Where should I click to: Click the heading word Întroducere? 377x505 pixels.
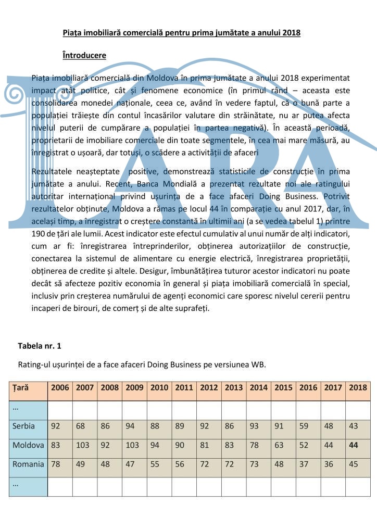coord(84,55)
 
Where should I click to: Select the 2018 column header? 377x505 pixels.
coord(358,387)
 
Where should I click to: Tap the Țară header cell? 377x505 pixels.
coord(21,387)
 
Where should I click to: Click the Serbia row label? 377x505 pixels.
coord(24,426)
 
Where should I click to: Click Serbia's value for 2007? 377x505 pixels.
coord(80,426)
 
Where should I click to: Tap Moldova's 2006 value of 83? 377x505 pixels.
coord(56,445)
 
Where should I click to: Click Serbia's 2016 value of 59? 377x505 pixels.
coord(304,426)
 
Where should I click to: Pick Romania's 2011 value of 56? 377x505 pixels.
coord(180,464)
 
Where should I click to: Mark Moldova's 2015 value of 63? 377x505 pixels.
coord(279,445)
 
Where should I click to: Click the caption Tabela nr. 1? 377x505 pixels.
coord(40,346)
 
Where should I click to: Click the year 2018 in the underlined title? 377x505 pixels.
coord(291,33)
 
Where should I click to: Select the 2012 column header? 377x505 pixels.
coord(209,387)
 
